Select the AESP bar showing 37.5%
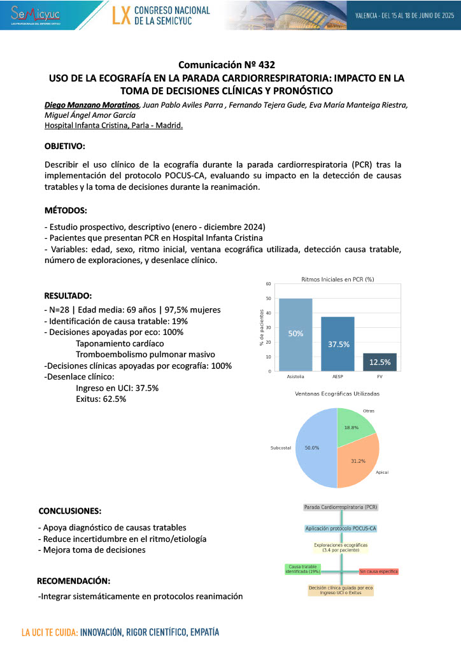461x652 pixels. pos(338,344)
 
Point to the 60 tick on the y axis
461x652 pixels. pos(268,284)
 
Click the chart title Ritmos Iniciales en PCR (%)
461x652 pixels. pos(337,279)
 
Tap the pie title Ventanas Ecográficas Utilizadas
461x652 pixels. pos(337,394)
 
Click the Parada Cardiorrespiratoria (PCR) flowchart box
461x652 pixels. pos(340,507)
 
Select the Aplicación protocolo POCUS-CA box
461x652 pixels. pos(340,528)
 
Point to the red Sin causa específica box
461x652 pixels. pos(378,572)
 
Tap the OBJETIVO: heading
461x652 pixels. pos(65,146)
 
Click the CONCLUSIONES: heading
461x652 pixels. pos(69,511)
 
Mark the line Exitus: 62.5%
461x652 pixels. pos(101,399)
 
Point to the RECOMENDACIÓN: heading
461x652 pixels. pos(73,581)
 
